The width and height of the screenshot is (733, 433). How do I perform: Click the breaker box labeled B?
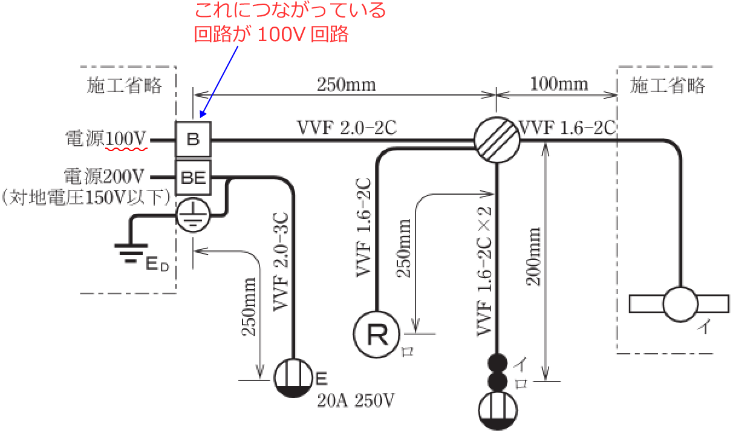click(x=193, y=140)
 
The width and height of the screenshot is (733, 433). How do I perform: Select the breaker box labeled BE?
click(x=193, y=178)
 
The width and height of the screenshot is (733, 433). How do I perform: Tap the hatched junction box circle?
click(x=496, y=140)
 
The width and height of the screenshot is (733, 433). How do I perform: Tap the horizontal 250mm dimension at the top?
click(x=346, y=84)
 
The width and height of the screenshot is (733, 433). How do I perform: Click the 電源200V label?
click(x=104, y=177)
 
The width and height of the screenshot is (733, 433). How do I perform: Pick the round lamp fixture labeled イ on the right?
click(x=681, y=304)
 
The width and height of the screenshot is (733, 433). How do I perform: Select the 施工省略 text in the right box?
click(x=668, y=86)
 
